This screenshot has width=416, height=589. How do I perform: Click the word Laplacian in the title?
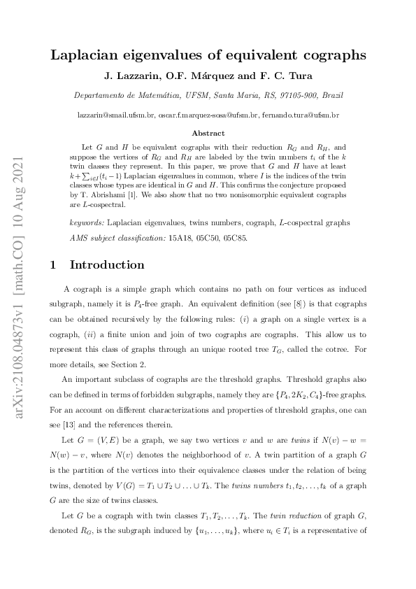pyautogui.click(x=86, y=55)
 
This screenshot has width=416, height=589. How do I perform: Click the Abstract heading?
pyautogui.click(x=208, y=133)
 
